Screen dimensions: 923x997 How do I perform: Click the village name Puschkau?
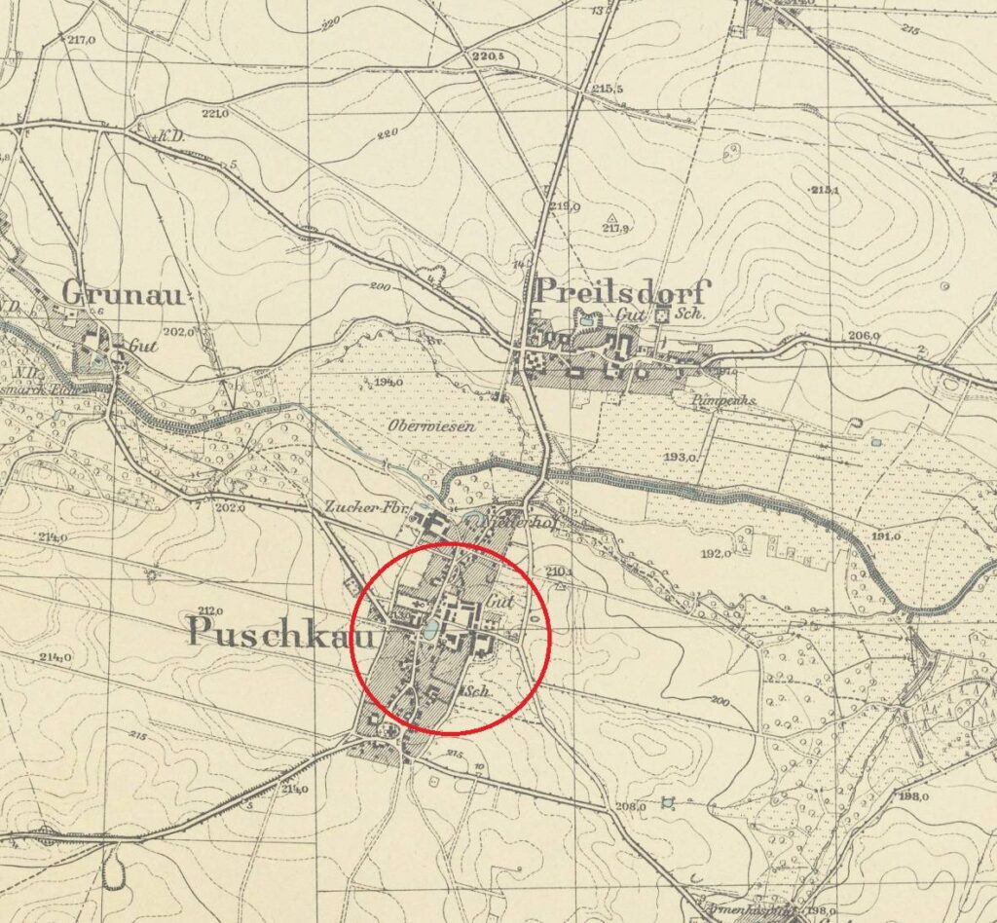(x=269, y=631)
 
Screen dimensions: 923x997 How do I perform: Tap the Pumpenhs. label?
(x=711, y=400)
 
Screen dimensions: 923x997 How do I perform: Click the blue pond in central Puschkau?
(x=428, y=632)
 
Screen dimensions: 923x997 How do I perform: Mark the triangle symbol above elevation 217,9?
(x=611, y=217)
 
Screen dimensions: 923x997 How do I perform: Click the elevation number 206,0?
(x=864, y=336)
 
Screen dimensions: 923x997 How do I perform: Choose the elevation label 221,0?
(x=214, y=114)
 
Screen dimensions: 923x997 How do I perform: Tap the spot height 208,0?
(x=631, y=805)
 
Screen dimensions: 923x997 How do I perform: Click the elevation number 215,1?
(x=824, y=189)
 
